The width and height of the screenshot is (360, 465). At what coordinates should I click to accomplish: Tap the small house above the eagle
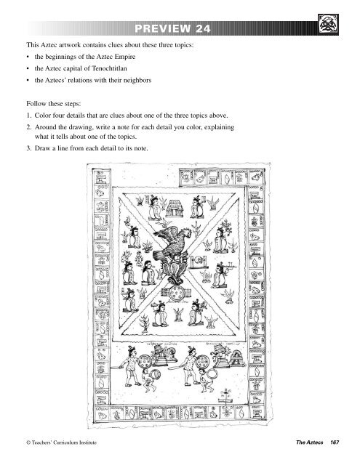coord(175,210)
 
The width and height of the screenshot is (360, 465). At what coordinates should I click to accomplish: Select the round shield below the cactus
coord(177,295)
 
